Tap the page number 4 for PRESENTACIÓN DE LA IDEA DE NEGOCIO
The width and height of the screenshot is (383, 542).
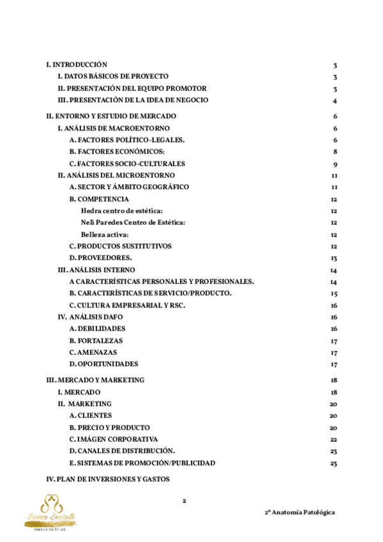(334, 101)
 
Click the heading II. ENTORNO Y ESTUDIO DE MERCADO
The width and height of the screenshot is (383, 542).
(111, 116)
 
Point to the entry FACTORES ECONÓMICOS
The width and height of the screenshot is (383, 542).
(117, 151)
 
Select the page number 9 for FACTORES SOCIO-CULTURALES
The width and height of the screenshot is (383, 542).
(334, 164)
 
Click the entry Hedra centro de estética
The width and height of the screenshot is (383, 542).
(122, 210)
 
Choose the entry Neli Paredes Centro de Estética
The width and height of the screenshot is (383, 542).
(133, 222)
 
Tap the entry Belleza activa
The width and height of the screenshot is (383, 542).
(105, 234)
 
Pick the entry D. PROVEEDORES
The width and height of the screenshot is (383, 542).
(101, 258)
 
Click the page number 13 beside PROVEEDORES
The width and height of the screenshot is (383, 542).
(334, 258)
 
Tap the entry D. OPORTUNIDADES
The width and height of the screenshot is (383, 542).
(103, 364)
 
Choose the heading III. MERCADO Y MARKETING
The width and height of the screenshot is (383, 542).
(96, 380)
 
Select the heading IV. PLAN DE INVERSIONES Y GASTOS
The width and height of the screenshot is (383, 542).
(108, 479)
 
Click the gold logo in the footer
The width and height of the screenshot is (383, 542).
(50, 511)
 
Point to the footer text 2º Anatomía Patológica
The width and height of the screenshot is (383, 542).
(299, 513)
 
